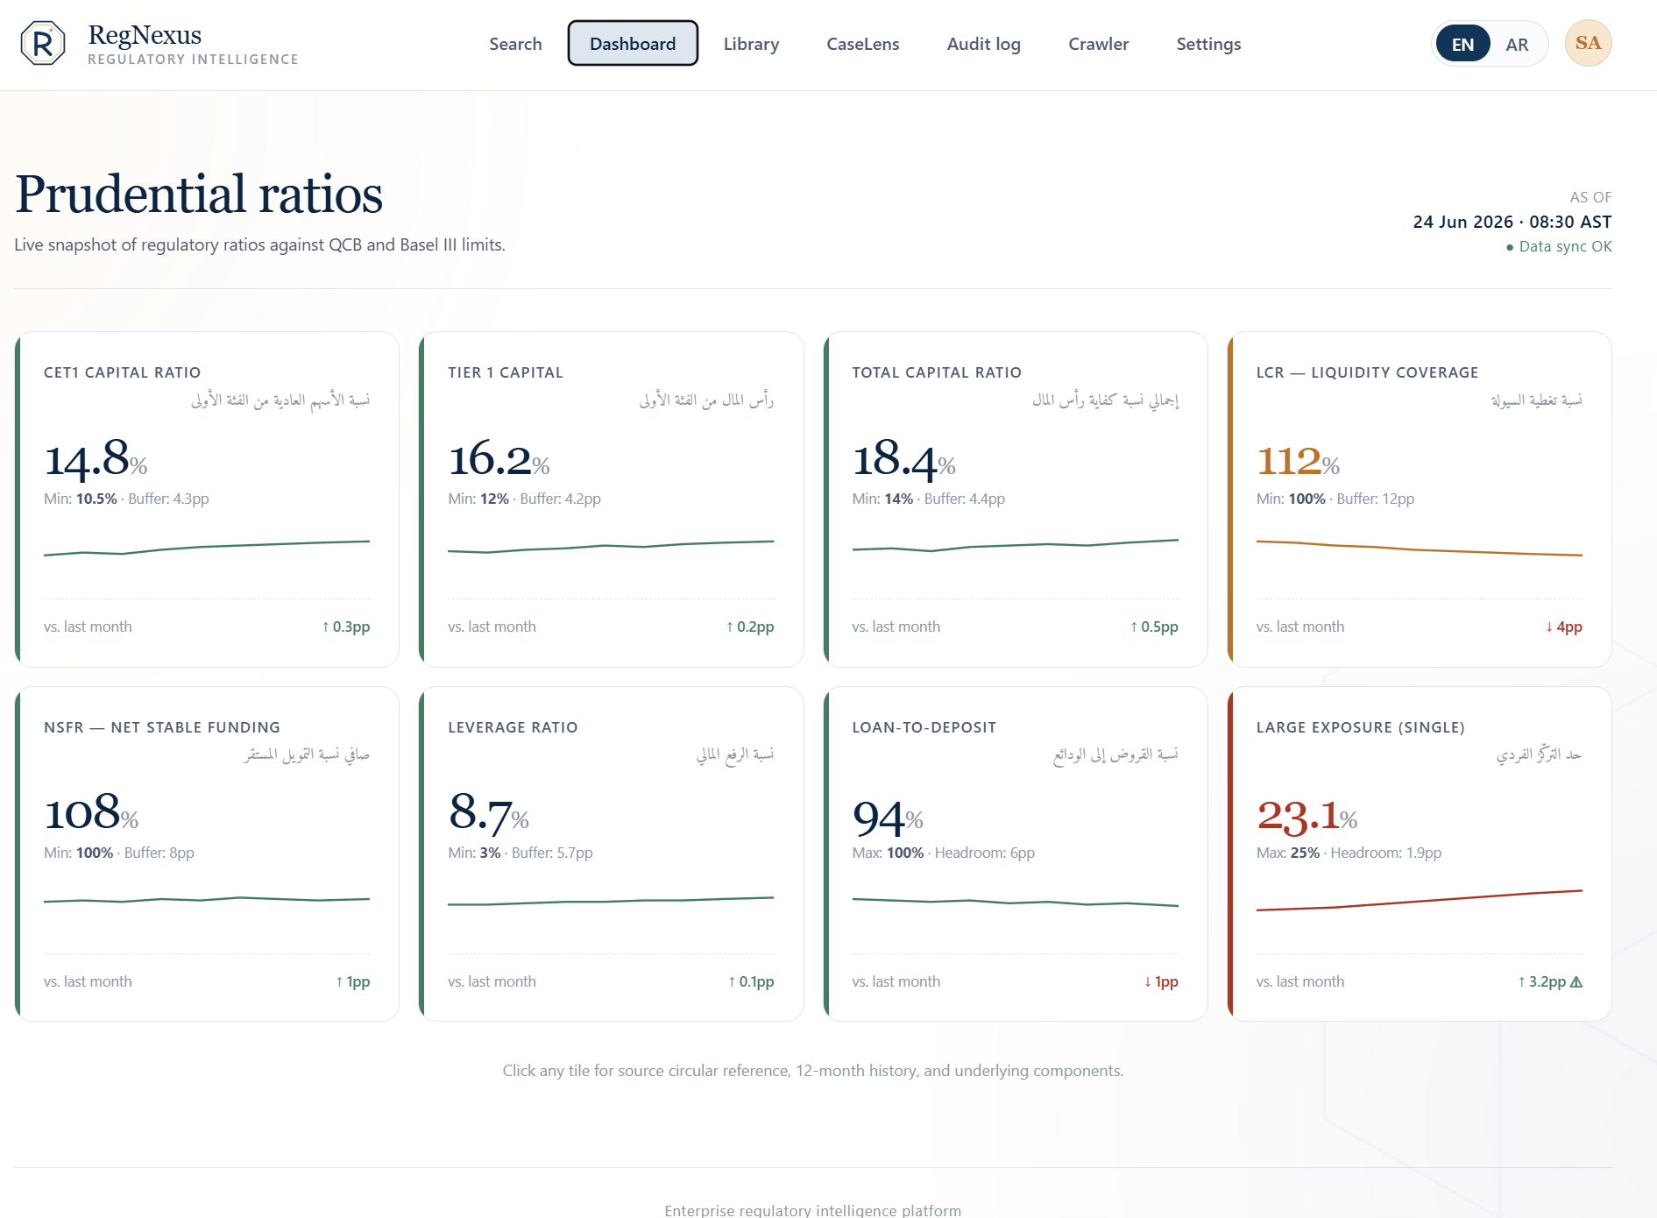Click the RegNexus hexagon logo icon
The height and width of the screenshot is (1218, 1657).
43,43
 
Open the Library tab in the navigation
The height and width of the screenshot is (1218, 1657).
751,44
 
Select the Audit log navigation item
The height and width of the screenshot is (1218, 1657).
983,44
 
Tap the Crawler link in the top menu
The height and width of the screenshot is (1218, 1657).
1098,44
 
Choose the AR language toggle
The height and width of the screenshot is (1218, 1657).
1517,44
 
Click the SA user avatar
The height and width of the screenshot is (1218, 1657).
1588,43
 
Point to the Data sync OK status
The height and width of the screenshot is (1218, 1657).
1559,246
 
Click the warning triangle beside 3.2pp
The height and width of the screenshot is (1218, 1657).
1576,981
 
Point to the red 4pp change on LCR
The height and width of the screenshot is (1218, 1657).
1564,627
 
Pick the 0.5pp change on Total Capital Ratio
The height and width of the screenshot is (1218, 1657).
1154,627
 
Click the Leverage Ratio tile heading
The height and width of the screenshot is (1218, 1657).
513,727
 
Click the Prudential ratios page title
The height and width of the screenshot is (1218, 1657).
199,194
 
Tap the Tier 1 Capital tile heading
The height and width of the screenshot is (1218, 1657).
506,372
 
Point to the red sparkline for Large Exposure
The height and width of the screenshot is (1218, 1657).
1420,900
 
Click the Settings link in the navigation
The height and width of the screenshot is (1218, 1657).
1208,44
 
